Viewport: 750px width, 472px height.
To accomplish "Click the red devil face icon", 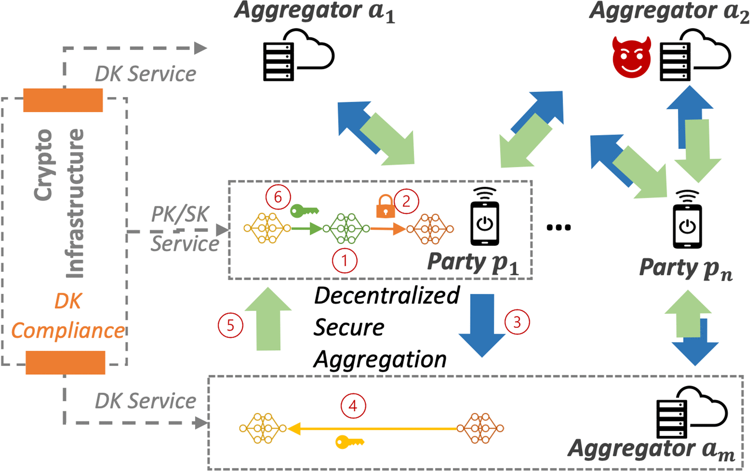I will coord(632,57).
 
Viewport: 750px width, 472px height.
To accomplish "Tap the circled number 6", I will coord(278,197).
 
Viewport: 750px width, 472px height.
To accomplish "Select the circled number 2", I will coord(406,201).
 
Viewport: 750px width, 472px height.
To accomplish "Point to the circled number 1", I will coord(344,260).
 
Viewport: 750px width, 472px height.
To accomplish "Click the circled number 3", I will coord(517,322).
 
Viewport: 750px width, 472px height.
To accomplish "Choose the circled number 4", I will coord(353,406).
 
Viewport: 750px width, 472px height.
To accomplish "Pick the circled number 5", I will coord(230,325).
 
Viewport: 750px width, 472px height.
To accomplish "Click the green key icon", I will coord(304,211).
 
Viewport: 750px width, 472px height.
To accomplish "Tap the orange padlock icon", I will coord(385,206).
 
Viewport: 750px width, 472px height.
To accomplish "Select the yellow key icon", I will coord(349,442).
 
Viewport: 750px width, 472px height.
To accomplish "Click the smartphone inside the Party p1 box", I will coord(485,218).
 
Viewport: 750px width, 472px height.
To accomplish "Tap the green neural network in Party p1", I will coord(346,229).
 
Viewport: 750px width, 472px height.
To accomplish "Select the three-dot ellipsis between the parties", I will coord(559,227).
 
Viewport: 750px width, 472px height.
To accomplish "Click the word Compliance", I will coord(68,331).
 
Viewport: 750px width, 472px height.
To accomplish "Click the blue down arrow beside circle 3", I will coord(482,324).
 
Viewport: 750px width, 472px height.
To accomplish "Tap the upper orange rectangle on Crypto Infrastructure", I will coord(63,100).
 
